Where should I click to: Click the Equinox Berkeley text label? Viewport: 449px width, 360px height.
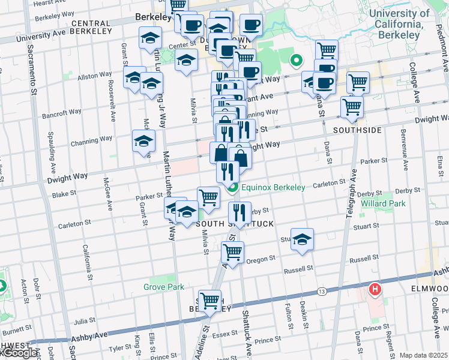pyautogui.click(x=273, y=187)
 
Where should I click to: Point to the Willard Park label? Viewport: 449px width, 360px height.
pyautogui.click(x=383, y=203)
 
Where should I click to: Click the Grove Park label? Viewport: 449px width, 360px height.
pyautogui.click(x=163, y=287)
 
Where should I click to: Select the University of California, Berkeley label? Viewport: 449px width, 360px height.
pyautogui.click(x=399, y=24)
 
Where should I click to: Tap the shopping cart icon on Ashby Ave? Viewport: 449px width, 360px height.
pyautogui.click(x=210, y=300)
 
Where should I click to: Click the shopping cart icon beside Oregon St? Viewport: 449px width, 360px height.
pyautogui.click(x=232, y=251)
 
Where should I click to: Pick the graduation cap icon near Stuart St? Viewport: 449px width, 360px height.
pyautogui.click(x=302, y=239)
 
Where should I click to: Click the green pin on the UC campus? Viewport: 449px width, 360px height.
pyautogui.click(x=295, y=60)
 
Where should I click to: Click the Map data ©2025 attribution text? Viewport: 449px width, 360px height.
pyautogui.click(x=423, y=355)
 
